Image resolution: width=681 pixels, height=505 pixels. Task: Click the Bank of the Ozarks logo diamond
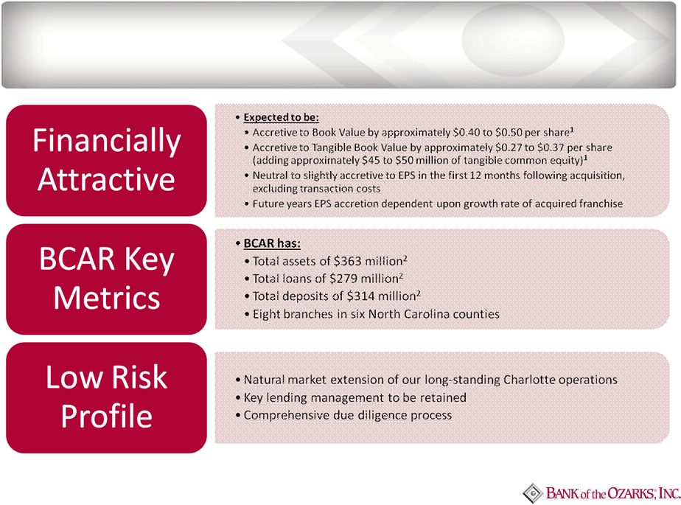[532, 493]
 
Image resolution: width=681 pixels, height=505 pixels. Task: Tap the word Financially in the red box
[106, 141]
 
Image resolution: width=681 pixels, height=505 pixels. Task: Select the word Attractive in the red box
[106, 179]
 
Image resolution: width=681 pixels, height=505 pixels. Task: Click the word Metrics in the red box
[107, 298]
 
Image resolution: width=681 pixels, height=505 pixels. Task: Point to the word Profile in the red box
[106, 416]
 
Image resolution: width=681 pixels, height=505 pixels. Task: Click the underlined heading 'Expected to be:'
[282, 117]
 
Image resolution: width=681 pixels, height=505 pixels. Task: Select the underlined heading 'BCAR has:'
[272, 243]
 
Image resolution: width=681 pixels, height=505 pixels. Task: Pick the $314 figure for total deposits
[360, 296]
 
